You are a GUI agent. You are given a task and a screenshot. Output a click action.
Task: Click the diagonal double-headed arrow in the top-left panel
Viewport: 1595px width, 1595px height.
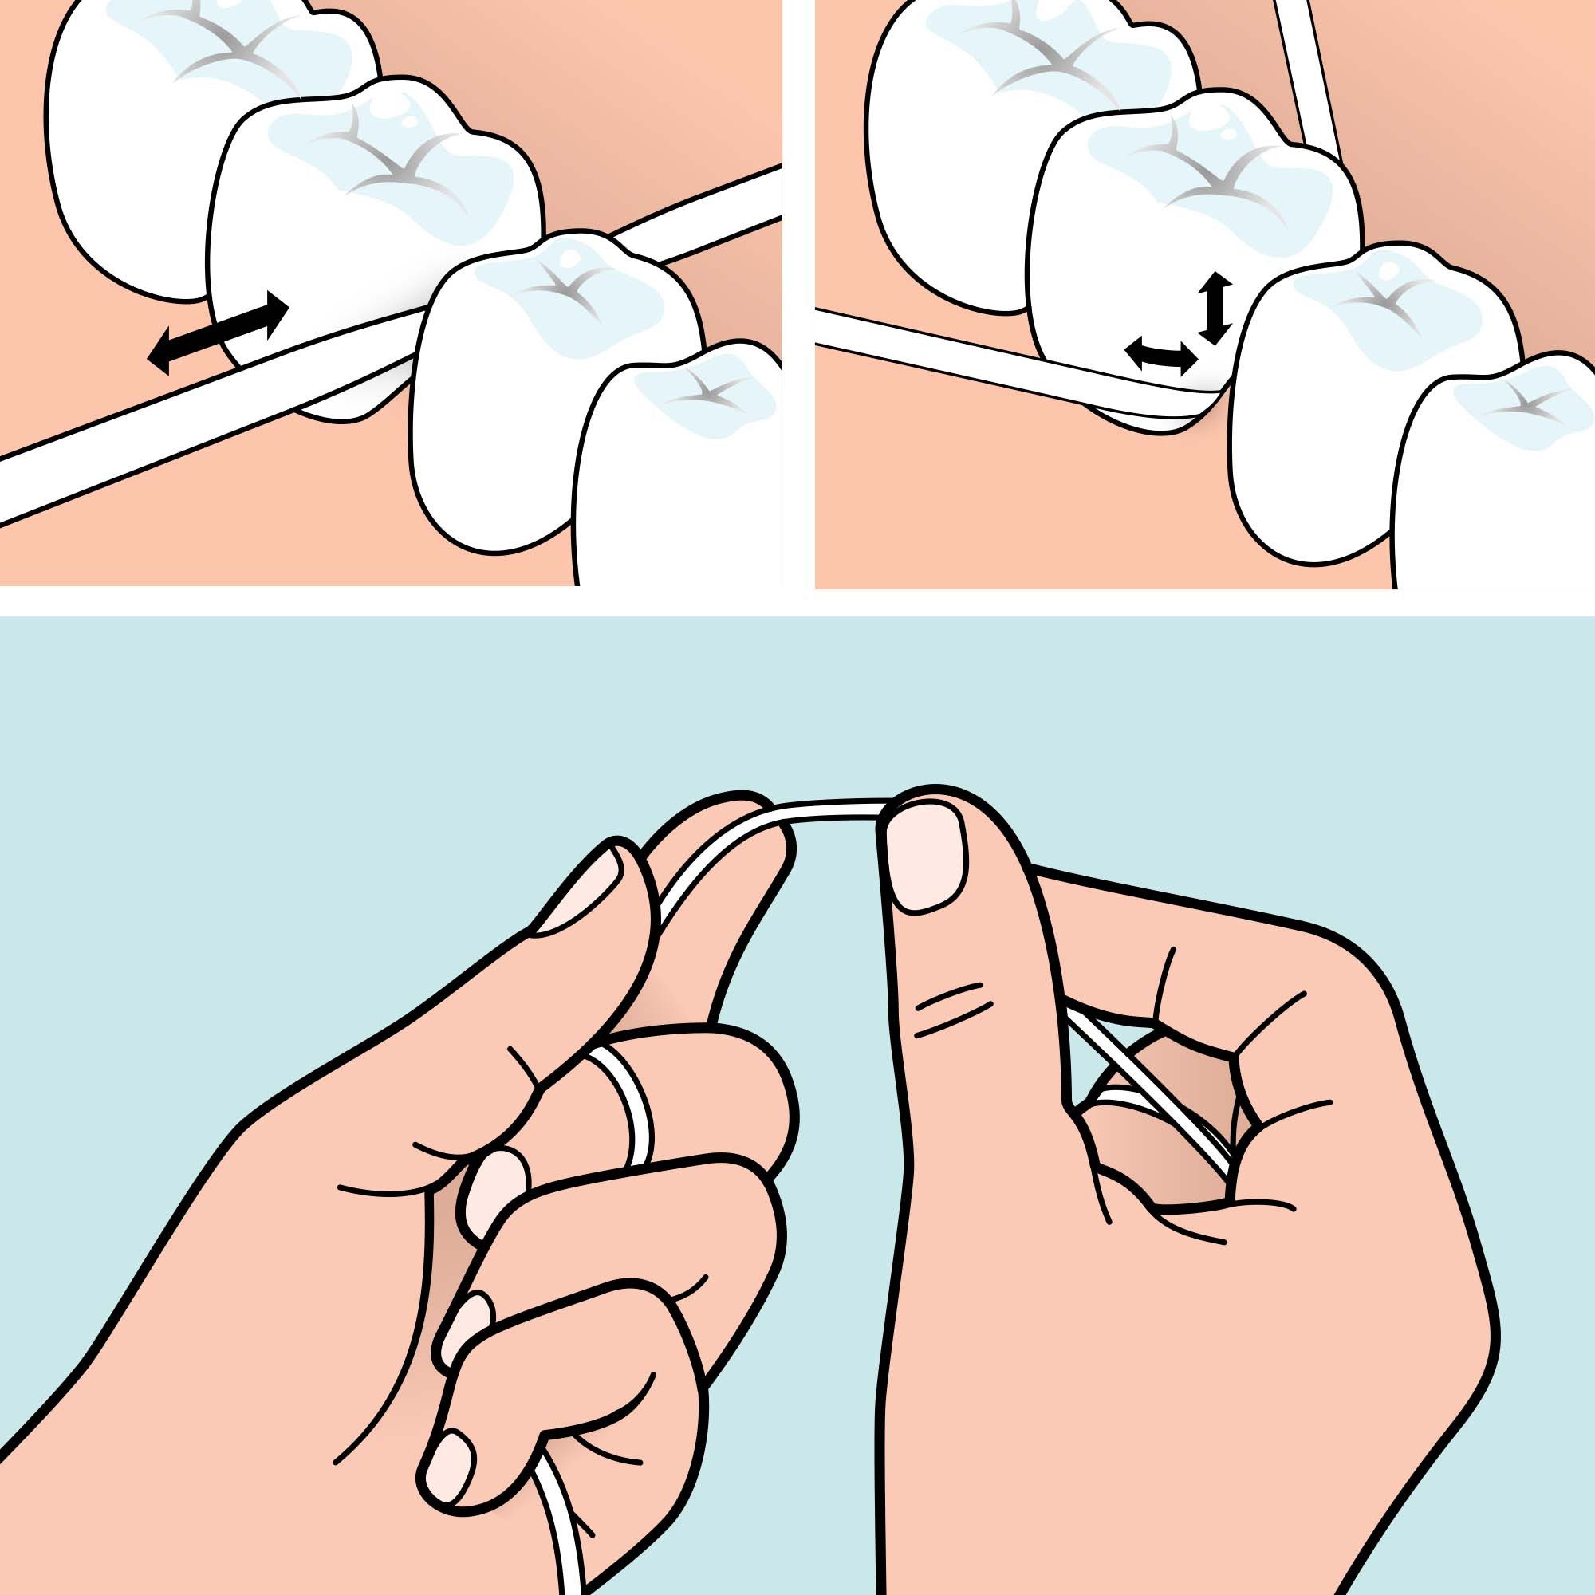218,333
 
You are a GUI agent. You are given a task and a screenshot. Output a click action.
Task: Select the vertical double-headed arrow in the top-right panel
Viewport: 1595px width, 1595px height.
1215,309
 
